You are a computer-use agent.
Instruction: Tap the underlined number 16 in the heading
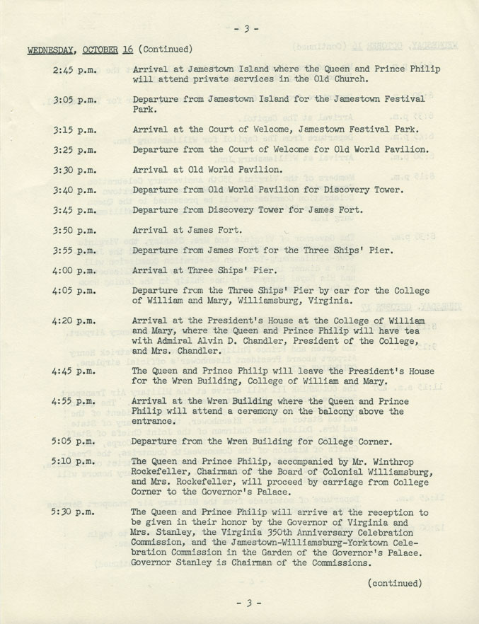click(127, 50)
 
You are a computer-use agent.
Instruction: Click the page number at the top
click(247, 29)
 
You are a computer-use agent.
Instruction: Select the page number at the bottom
click(247, 603)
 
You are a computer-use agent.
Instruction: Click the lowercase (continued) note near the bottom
click(395, 583)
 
